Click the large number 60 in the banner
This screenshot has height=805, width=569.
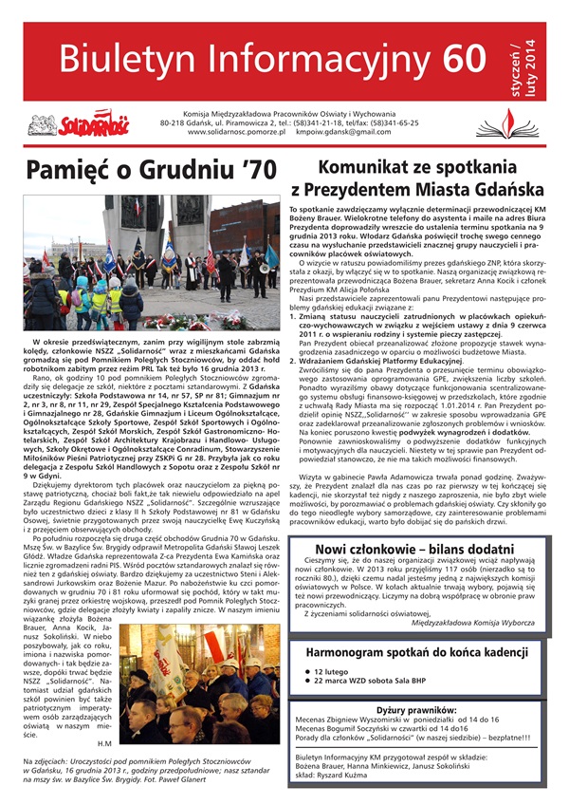[x=453, y=58]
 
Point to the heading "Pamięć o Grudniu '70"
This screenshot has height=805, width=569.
[x=139, y=171]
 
